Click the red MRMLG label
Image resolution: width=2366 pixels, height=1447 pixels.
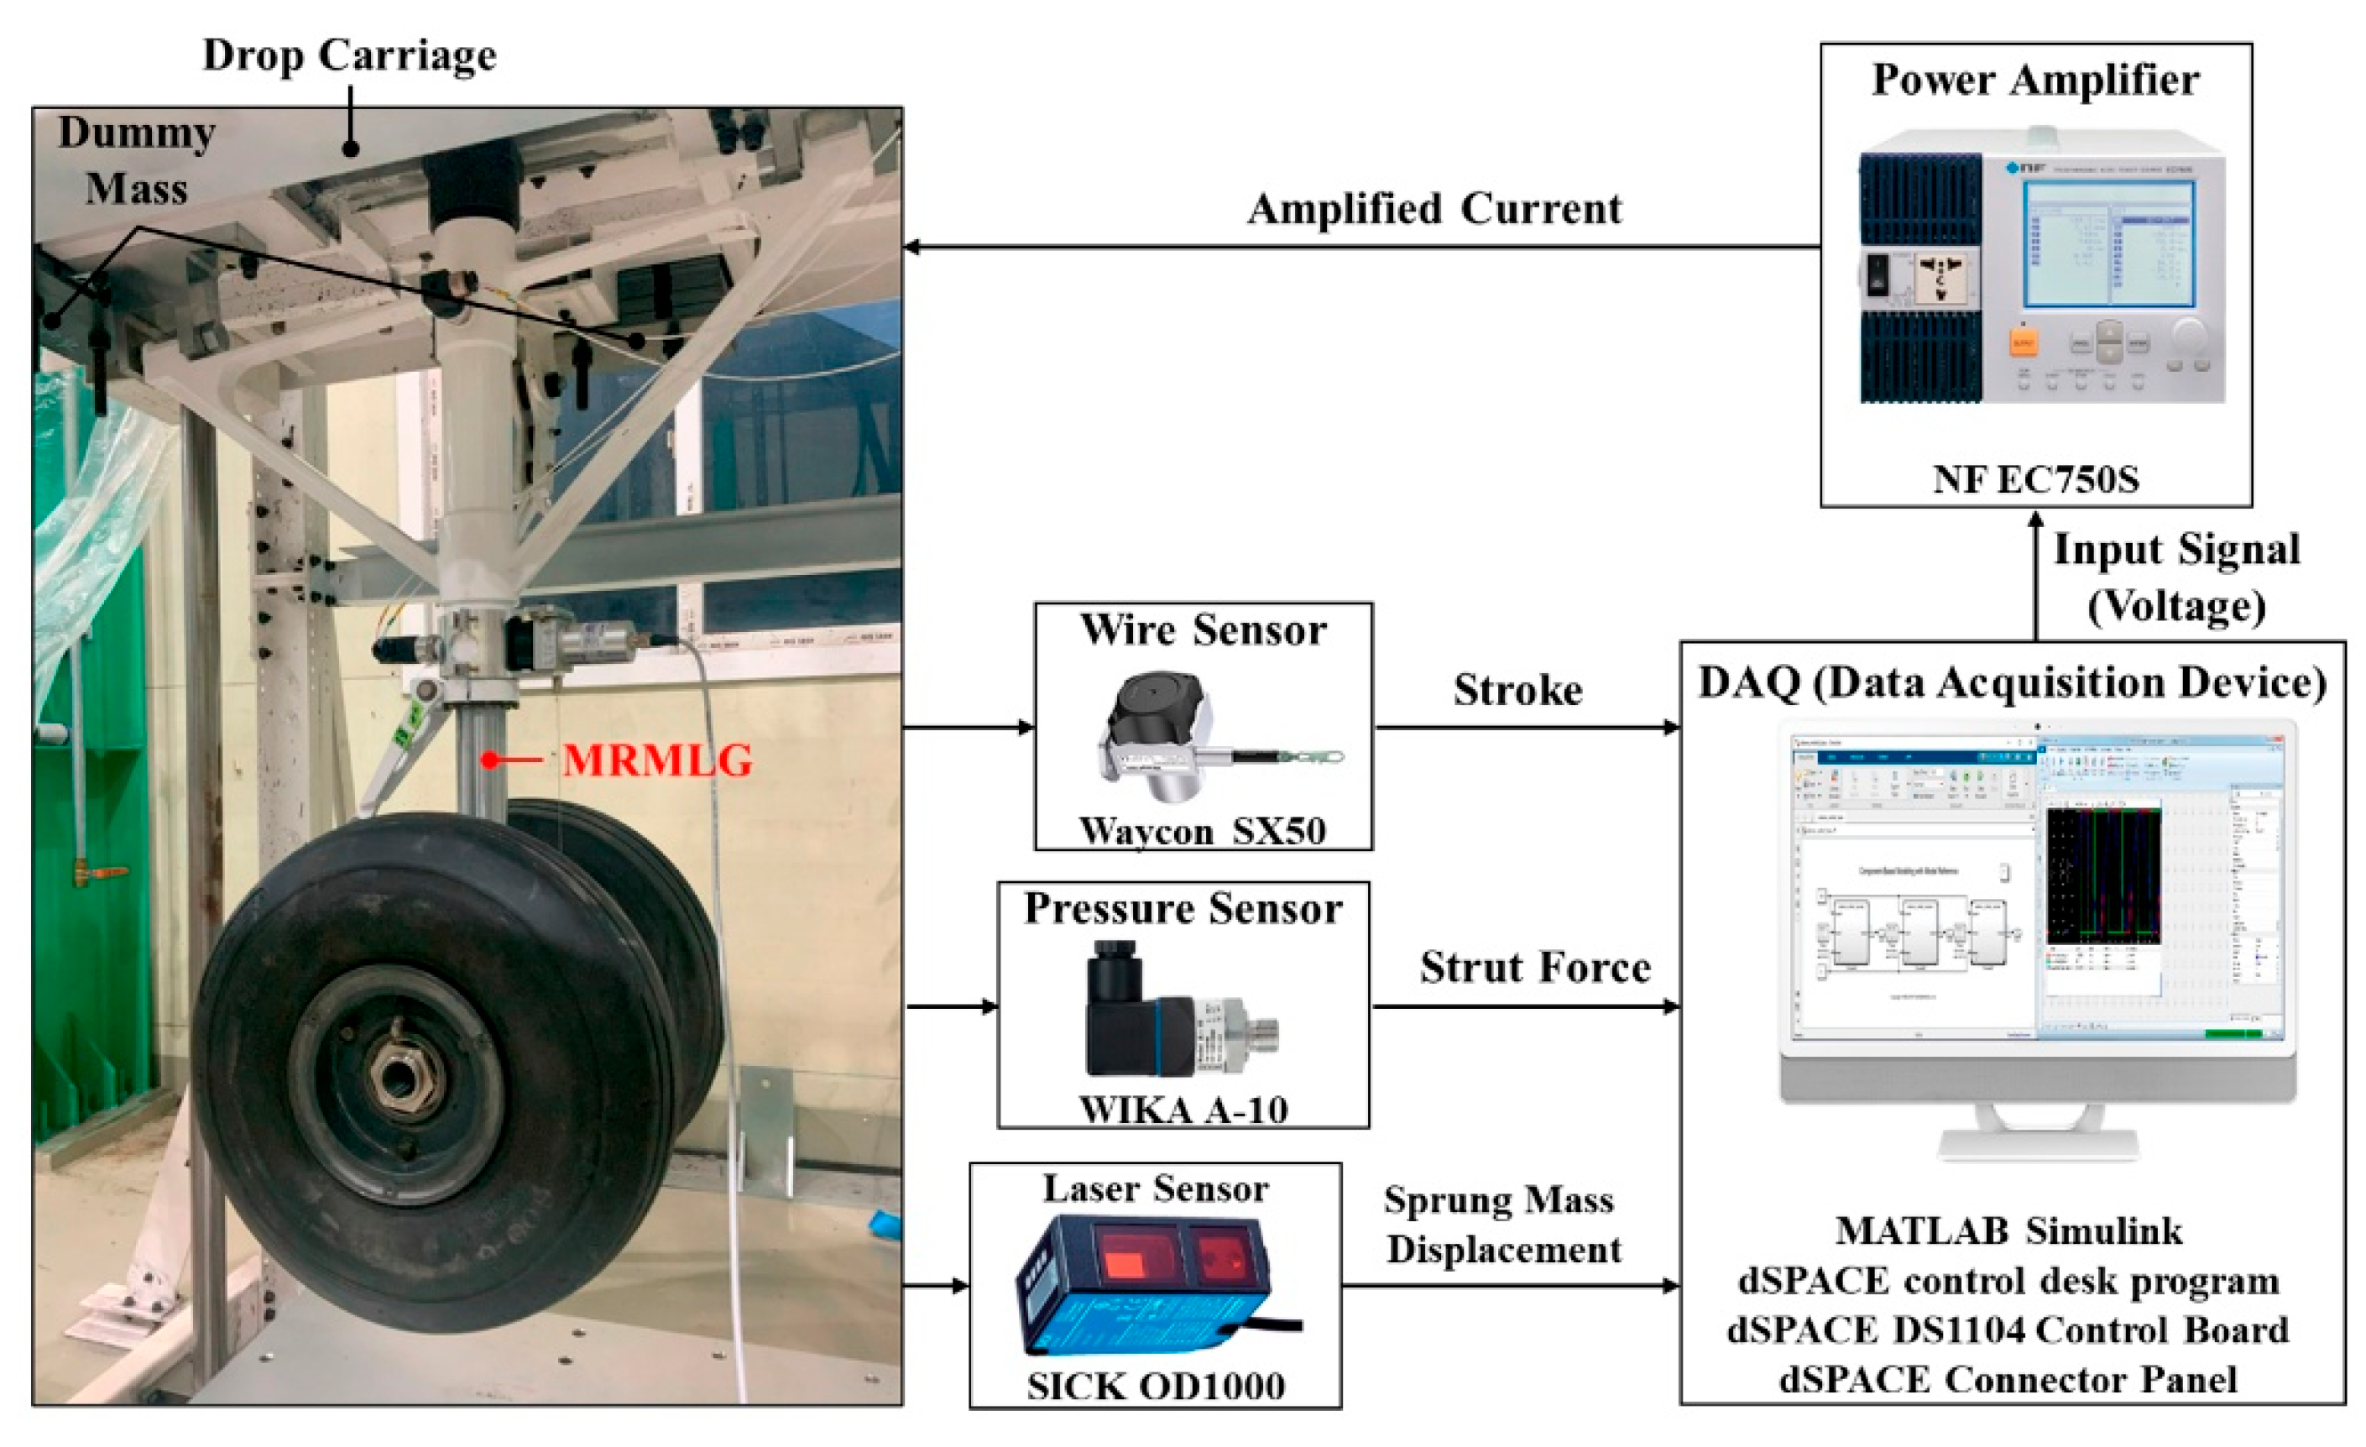(x=657, y=760)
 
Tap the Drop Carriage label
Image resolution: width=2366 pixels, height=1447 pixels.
(x=349, y=55)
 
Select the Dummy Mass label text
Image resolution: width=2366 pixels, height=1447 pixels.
(x=136, y=160)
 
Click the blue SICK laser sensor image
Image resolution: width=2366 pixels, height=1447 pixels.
(x=1152, y=1285)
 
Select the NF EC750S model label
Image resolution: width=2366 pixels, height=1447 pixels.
(x=2035, y=478)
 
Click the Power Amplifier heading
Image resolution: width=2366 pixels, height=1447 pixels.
(x=2035, y=80)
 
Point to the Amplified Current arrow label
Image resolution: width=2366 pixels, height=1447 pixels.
(x=1434, y=209)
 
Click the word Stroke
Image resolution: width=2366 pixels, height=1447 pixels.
(x=1517, y=689)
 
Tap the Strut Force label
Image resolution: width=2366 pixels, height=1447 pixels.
(x=1534, y=967)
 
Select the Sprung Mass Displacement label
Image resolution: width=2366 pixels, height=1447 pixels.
(x=1502, y=1225)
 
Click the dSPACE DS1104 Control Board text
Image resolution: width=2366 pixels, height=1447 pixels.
(x=2008, y=1329)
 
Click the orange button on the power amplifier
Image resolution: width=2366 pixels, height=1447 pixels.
(x=2022, y=342)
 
